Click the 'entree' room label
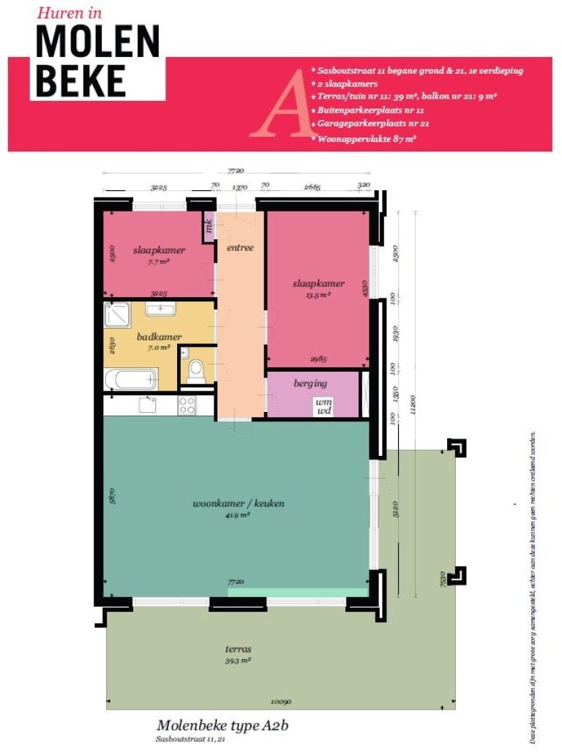240,247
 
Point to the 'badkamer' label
160,337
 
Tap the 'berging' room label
310,383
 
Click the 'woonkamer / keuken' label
239,503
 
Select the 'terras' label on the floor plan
239,648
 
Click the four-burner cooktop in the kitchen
187,405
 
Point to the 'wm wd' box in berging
323,406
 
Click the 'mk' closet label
209,227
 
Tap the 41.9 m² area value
239,514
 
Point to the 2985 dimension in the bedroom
316,359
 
